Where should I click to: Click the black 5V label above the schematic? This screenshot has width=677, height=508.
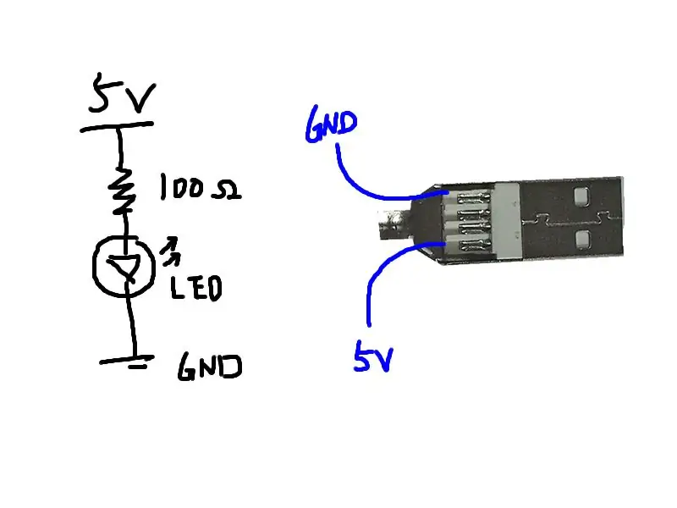coord(122,93)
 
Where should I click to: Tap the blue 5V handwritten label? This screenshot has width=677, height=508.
coord(373,356)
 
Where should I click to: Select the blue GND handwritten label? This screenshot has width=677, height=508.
coord(331,124)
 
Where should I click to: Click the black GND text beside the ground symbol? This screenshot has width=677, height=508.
coord(210,367)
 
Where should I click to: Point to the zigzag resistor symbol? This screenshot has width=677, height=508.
coord(122,190)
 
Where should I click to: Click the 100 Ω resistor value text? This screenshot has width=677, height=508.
coord(201,187)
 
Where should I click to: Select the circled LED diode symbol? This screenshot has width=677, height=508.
coord(124,266)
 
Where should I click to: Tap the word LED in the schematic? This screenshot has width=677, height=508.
coord(196,287)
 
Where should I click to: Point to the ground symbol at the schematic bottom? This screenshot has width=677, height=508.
coord(127,362)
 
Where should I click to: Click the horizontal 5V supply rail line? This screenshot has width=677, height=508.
coord(117,126)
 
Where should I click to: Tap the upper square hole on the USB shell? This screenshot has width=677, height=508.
coord(581,196)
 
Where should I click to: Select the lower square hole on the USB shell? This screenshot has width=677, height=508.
coord(583,240)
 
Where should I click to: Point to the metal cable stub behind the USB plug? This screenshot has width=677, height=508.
coord(394,224)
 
